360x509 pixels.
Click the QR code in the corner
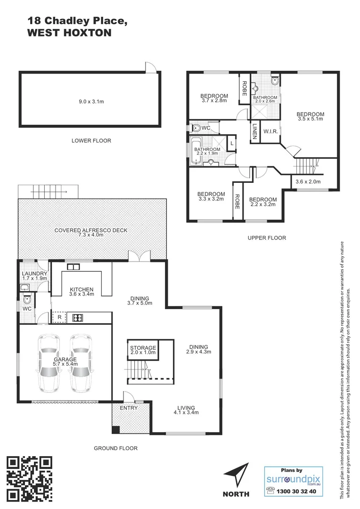pos(29,479)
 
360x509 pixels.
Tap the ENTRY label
pos(129,408)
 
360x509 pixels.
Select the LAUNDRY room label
pos(34,276)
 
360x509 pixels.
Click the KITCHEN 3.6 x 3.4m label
pos(82,292)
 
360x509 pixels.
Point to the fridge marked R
pos(59,318)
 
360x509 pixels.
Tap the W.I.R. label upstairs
pos(270,131)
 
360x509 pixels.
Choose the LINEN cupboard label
pos(254,131)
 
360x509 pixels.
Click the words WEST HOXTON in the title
pos(69,33)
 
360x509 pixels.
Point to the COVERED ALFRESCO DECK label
pos(91,233)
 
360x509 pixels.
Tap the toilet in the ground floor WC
pos(27,299)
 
